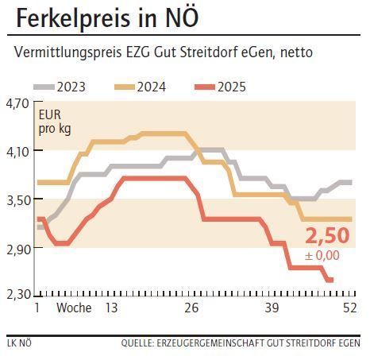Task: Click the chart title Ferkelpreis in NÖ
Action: tap(107, 18)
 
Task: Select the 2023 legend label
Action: tap(71, 86)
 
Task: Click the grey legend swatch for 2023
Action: tap(44, 86)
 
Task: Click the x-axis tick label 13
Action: tap(111, 308)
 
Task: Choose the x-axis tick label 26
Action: tap(191, 308)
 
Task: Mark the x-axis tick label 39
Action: tap(272, 308)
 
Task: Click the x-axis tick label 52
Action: tap(348, 308)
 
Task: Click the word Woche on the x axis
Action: tap(73, 308)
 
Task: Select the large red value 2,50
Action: tap(327, 237)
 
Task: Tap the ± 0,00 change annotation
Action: tap(322, 255)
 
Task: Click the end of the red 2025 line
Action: tap(330, 280)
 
